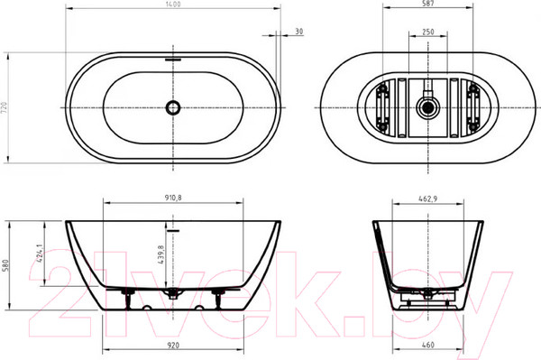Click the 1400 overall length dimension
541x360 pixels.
[x=172, y=5]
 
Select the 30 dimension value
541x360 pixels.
[x=298, y=31]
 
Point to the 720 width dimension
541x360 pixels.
[x=5, y=107]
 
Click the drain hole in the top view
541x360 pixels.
[x=173, y=108]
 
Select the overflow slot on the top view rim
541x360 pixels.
[x=173, y=60]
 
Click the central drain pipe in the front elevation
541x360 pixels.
[x=173, y=295]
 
